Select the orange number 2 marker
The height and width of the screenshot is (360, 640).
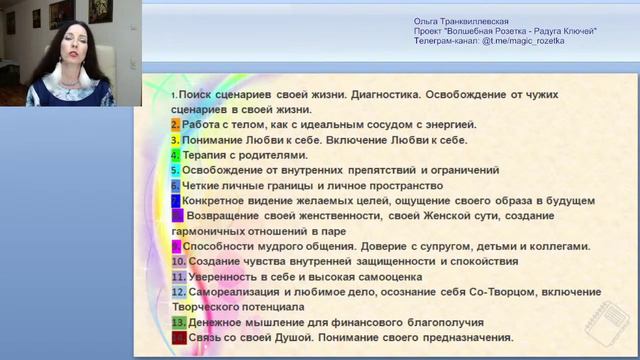point(175,125)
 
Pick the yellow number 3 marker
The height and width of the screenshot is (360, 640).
point(175,140)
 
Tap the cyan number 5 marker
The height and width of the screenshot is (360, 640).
point(175,170)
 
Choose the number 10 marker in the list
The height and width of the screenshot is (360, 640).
point(178,261)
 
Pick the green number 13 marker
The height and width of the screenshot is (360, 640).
point(178,323)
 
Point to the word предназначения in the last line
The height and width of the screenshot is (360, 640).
point(466,338)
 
